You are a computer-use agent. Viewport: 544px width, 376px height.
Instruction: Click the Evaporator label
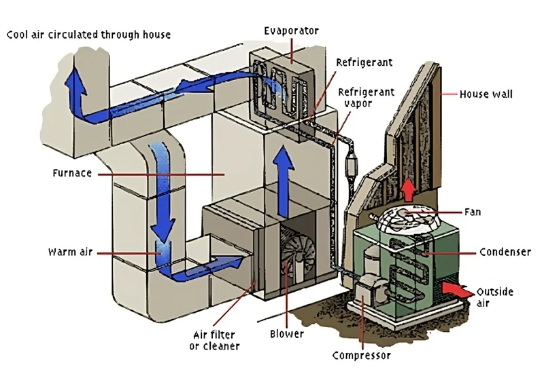pos(292,31)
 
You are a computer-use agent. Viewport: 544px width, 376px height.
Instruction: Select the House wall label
pos(486,94)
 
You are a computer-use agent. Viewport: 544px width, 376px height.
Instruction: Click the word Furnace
pos(71,173)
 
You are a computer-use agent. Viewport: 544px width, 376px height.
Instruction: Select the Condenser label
pos(505,252)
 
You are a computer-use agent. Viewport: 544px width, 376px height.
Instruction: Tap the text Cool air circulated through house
pos(88,34)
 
